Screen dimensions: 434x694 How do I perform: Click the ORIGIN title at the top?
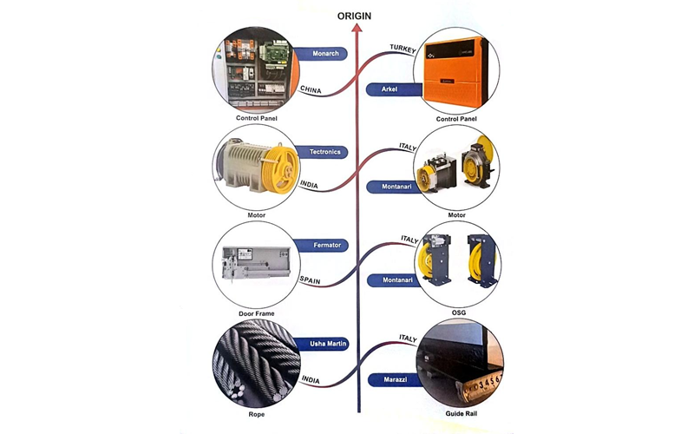point(355,15)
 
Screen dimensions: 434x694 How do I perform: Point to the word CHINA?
point(311,89)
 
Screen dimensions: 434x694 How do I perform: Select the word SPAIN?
point(311,279)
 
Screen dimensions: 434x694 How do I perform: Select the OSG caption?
point(456,312)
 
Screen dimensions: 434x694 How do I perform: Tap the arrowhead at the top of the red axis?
point(355,29)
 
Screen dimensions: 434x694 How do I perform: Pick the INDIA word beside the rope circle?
point(311,379)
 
